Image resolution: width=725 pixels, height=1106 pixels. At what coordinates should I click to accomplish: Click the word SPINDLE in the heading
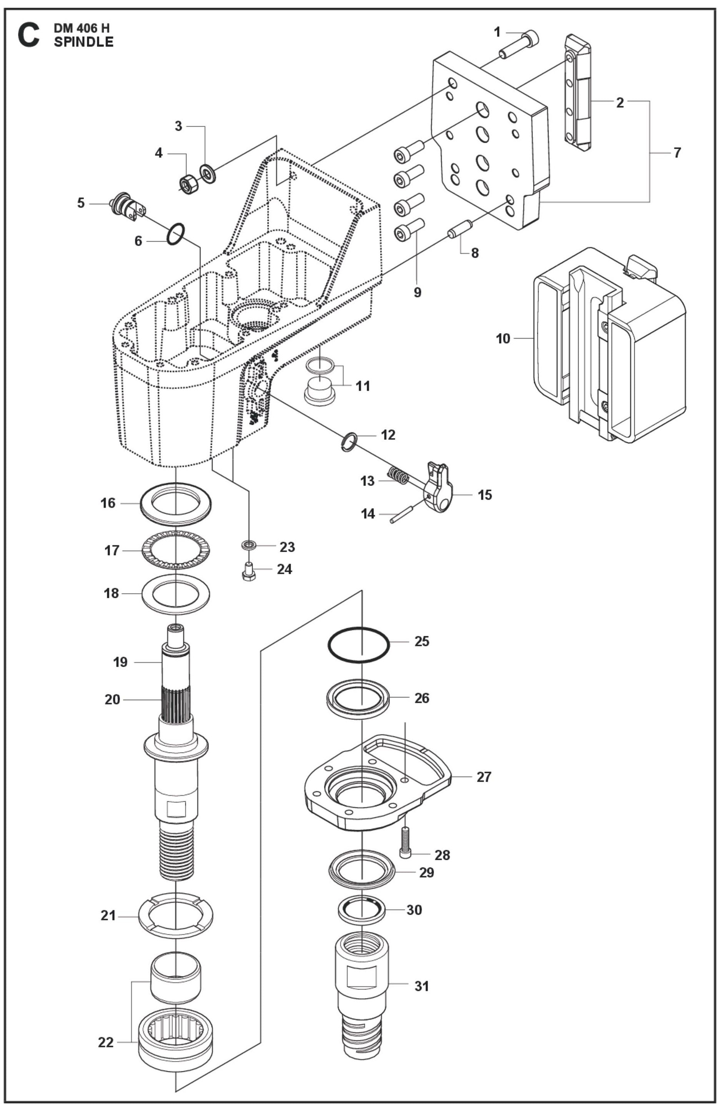tap(83, 42)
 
